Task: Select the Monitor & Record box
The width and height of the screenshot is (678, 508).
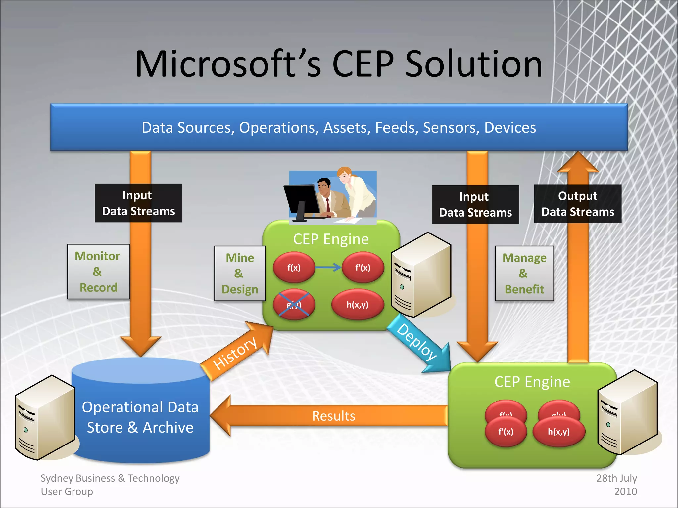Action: pos(98,272)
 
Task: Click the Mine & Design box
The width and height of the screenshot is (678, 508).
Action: pos(240,274)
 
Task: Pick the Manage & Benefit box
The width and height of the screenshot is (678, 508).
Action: pos(524,274)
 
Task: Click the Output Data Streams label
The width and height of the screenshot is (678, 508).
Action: pos(577,204)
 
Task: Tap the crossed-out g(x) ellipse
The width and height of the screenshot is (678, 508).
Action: pos(294,304)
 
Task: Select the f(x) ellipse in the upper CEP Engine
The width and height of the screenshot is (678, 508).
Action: pos(294,268)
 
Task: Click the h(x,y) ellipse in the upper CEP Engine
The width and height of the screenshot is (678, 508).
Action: pos(358,304)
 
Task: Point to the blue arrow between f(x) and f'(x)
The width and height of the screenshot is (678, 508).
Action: pos(328,267)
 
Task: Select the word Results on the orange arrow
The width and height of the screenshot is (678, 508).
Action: pos(333,416)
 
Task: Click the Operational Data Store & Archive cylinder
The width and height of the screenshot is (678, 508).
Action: pos(140,417)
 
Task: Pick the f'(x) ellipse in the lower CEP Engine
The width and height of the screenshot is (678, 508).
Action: pos(506,432)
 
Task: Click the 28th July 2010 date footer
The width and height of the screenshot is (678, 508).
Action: pos(617,485)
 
